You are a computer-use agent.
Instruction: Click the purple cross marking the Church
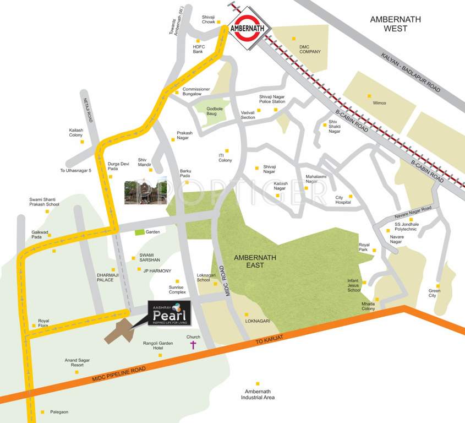tap(193, 345)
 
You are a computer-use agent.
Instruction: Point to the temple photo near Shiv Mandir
tap(145, 191)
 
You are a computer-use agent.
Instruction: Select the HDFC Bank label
tap(198, 49)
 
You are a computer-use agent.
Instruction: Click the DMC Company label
tap(309, 49)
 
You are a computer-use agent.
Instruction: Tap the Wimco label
tap(379, 103)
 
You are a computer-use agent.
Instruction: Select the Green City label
tap(435, 293)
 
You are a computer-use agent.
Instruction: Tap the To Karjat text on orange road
tap(268, 342)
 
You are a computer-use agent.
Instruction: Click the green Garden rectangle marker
tap(140, 232)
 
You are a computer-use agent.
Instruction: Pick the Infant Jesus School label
tap(354, 285)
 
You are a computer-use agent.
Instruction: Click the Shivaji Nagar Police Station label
tap(272, 99)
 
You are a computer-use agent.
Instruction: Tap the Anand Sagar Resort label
tap(74, 362)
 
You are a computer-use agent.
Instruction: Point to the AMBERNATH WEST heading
tap(395, 24)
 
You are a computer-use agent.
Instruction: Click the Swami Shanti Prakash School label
tap(44, 202)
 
